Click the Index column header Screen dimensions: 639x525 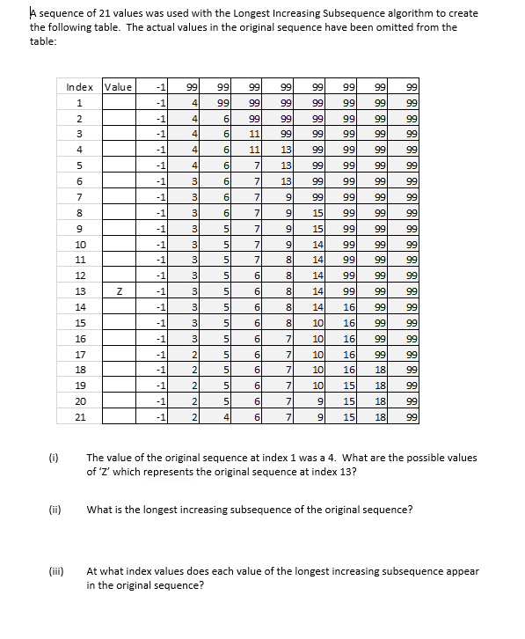(x=82, y=86)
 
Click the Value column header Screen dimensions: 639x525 (x=118, y=86)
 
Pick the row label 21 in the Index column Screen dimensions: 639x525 (x=82, y=417)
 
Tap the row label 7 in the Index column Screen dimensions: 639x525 (x=82, y=196)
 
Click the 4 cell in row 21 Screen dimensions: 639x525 (x=224, y=417)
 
